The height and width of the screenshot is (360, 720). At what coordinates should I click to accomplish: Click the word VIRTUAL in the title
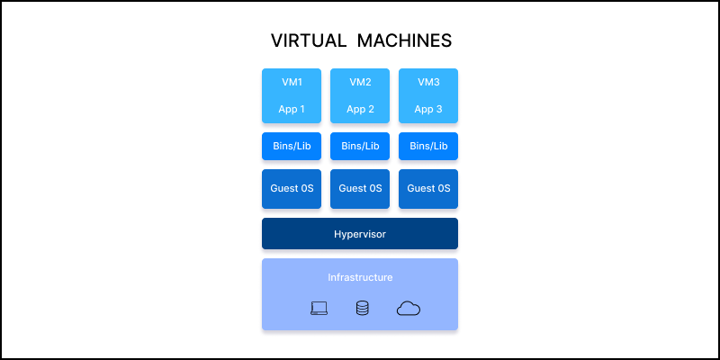pyautogui.click(x=308, y=41)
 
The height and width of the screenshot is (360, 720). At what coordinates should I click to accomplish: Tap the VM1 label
pyautogui.click(x=292, y=82)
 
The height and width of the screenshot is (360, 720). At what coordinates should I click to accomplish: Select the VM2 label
pyautogui.click(x=360, y=82)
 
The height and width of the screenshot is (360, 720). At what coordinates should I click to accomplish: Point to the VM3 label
pyautogui.click(x=428, y=82)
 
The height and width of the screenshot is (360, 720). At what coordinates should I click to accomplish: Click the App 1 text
pyautogui.click(x=292, y=110)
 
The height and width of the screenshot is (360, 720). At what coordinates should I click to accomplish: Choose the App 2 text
pyautogui.click(x=360, y=110)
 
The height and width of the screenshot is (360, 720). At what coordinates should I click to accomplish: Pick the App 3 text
pyautogui.click(x=428, y=110)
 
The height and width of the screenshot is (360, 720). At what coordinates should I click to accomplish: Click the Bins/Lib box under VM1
pyautogui.click(x=292, y=146)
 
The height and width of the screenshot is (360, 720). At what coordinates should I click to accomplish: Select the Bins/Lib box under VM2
pyautogui.click(x=360, y=146)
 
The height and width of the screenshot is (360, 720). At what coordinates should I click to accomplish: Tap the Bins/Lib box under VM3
pyautogui.click(x=428, y=146)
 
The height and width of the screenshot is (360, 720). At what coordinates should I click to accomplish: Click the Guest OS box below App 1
pyautogui.click(x=292, y=189)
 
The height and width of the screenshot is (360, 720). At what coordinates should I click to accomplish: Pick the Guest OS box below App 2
pyautogui.click(x=360, y=189)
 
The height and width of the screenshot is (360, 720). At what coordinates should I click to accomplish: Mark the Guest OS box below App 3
pyautogui.click(x=428, y=189)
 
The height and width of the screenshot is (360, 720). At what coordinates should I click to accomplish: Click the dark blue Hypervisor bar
pyautogui.click(x=297, y=233)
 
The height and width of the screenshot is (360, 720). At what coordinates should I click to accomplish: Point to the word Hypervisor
pyautogui.click(x=360, y=233)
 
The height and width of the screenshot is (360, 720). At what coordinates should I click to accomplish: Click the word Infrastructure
pyautogui.click(x=360, y=277)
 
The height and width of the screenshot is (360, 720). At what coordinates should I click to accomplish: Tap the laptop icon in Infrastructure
pyautogui.click(x=319, y=309)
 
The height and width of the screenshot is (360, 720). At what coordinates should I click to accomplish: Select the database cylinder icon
pyautogui.click(x=362, y=309)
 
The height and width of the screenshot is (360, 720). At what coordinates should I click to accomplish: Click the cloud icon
pyautogui.click(x=409, y=309)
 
